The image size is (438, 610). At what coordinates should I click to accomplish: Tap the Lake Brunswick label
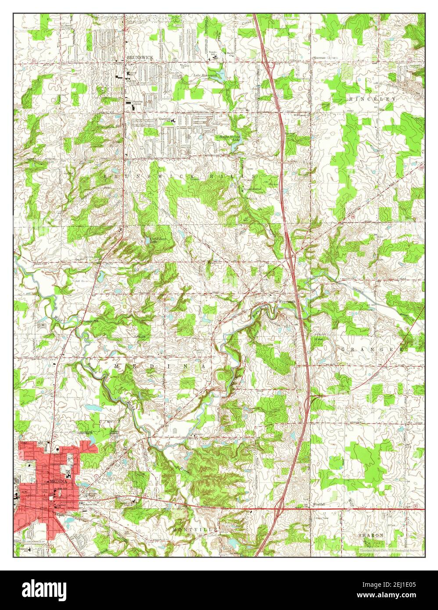206,75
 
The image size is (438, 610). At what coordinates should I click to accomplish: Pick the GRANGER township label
371,349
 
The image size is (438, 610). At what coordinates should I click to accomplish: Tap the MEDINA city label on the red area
52,481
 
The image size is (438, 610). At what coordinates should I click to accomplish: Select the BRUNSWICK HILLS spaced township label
180,175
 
